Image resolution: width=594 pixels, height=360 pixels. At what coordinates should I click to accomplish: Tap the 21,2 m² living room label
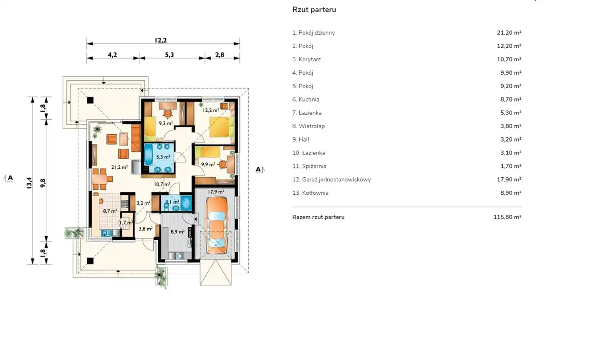tap(119, 167)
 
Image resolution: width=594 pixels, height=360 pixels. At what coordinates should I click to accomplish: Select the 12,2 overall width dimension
tap(161, 40)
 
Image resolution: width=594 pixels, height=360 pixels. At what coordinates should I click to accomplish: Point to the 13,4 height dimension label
tap(29, 183)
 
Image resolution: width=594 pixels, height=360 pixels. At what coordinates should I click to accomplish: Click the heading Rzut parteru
tap(314, 10)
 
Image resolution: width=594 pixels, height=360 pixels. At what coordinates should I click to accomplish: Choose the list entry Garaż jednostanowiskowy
tap(336, 180)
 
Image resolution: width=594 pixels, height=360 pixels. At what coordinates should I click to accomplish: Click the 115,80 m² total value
tap(507, 217)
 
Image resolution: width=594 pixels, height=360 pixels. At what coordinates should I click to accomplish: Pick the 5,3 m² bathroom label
tap(163, 157)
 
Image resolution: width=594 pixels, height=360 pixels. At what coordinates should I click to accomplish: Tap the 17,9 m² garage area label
tap(216, 192)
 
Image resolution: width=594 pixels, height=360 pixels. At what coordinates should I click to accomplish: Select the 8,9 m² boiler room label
tap(177, 231)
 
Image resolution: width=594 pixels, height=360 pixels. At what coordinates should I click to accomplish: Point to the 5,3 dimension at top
tap(169, 55)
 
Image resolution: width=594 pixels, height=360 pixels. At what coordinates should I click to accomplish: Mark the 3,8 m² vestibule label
tap(146, 229)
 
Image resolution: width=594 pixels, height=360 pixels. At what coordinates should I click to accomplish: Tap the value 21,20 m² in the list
tap(509, 32)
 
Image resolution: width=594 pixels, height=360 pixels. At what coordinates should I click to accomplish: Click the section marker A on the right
tap(258, 169)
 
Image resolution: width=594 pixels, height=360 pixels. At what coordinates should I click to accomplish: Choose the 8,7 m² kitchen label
tap(110, 211)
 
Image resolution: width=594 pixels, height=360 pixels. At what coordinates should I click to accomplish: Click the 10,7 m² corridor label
tap(162, 184)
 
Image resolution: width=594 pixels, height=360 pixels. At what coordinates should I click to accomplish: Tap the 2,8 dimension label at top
tap(220, 55)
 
